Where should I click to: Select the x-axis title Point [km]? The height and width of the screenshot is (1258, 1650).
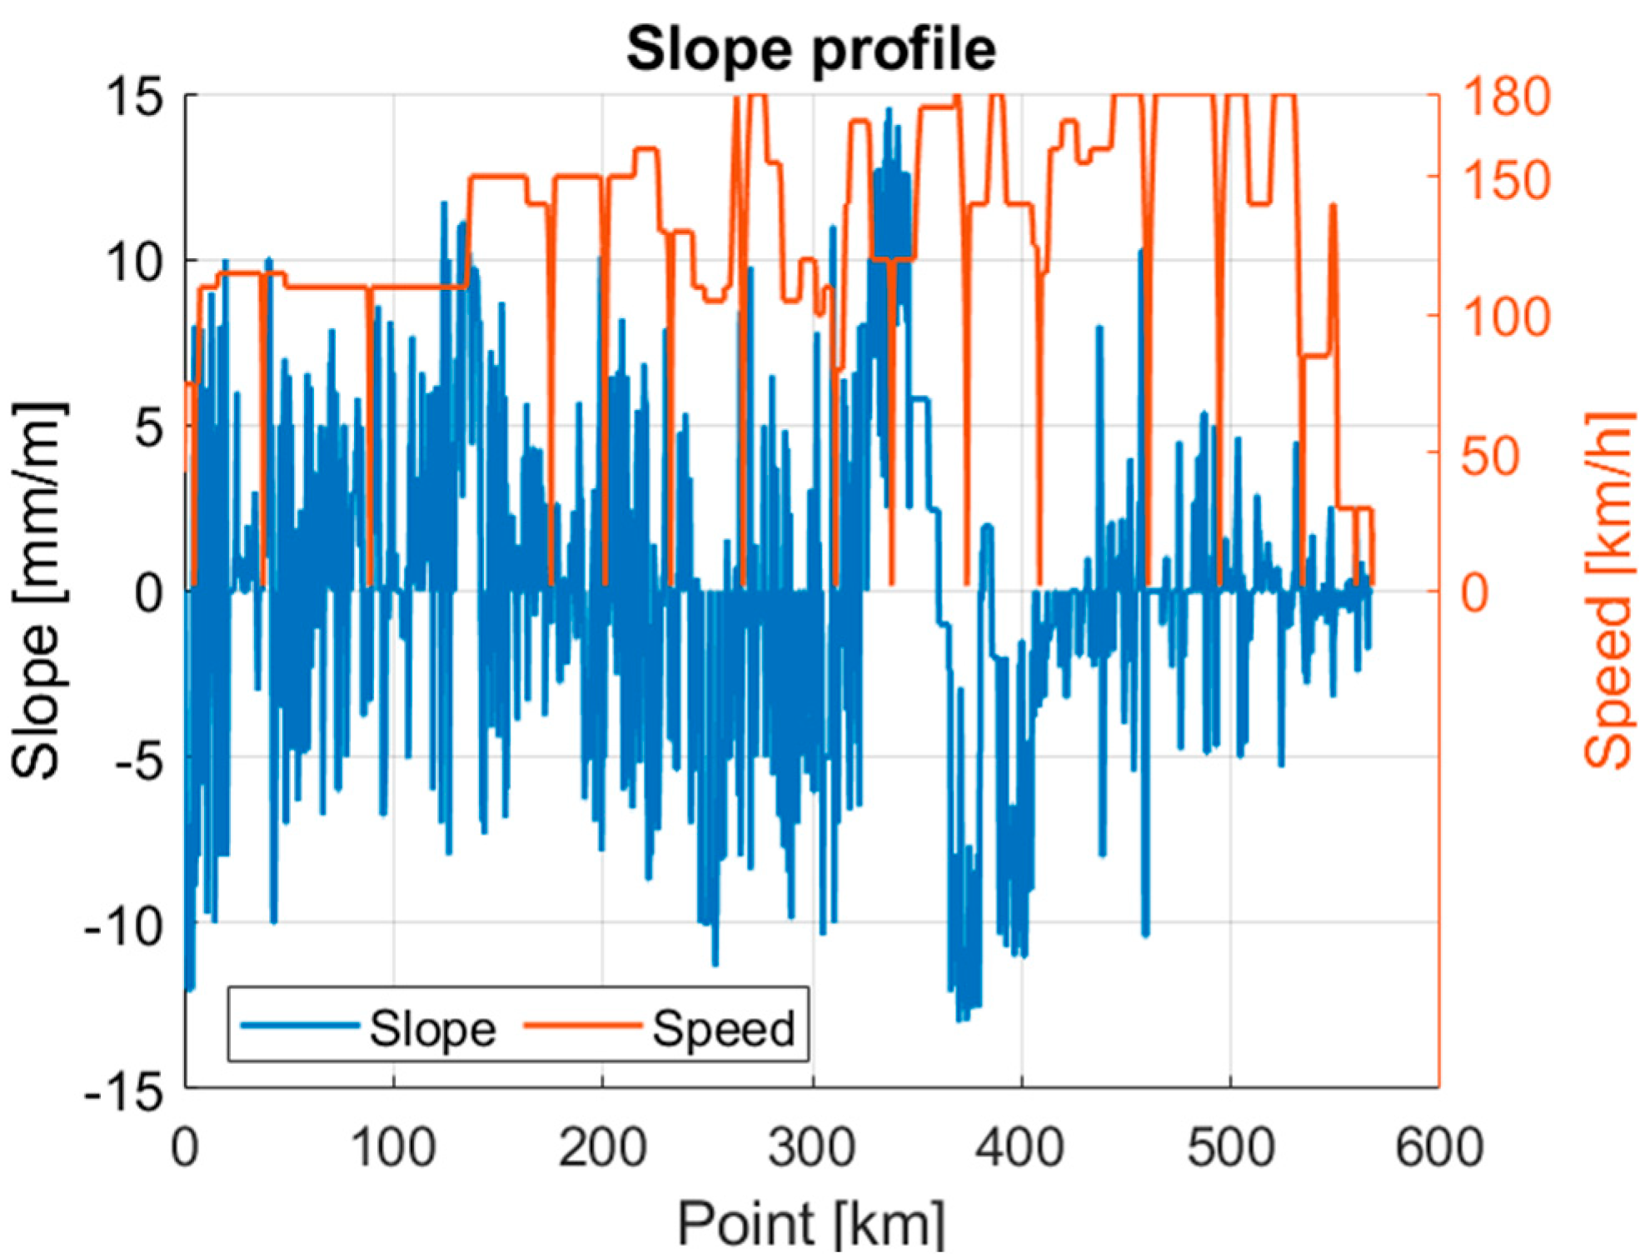(810, 1223)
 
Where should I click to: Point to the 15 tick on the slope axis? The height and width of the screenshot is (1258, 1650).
(133, 97)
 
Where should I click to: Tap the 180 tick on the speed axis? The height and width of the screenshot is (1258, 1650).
(1506, 97)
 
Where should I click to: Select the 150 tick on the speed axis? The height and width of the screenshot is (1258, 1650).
(1506, 178)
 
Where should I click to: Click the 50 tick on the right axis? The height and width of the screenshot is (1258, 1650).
(1491, 455)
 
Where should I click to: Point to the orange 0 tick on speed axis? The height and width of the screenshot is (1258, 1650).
(1475, 592)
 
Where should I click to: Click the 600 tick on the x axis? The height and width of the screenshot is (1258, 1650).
(1438, 1146)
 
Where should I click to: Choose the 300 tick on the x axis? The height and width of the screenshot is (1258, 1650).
(811, 1146)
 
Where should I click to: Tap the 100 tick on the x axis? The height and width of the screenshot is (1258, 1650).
(393, 1146)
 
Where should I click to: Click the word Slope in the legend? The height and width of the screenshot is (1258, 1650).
(432, 1028)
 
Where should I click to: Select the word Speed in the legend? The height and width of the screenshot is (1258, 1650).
(723, 1028)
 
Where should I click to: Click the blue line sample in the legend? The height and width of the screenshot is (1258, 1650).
(300, 1025)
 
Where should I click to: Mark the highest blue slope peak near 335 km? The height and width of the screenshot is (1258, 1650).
(889, 109)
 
